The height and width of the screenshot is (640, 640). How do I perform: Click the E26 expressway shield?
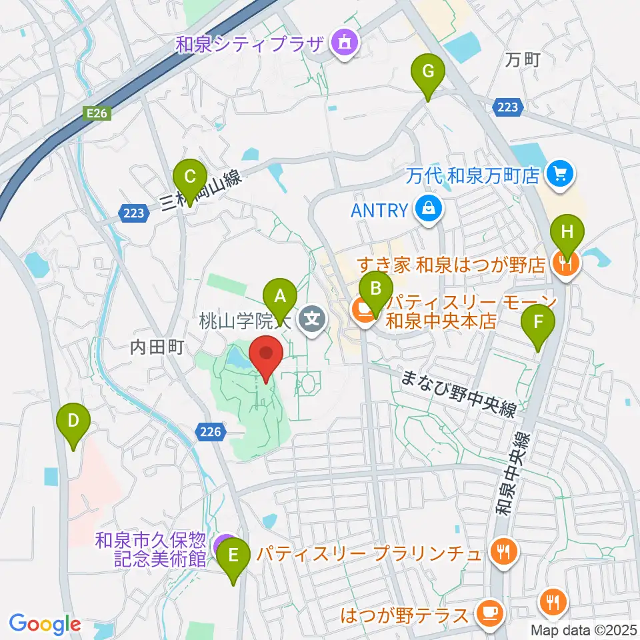point(97,114)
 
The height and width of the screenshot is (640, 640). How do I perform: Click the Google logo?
point(45,623)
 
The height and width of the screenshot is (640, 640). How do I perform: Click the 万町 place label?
point(522,60)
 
